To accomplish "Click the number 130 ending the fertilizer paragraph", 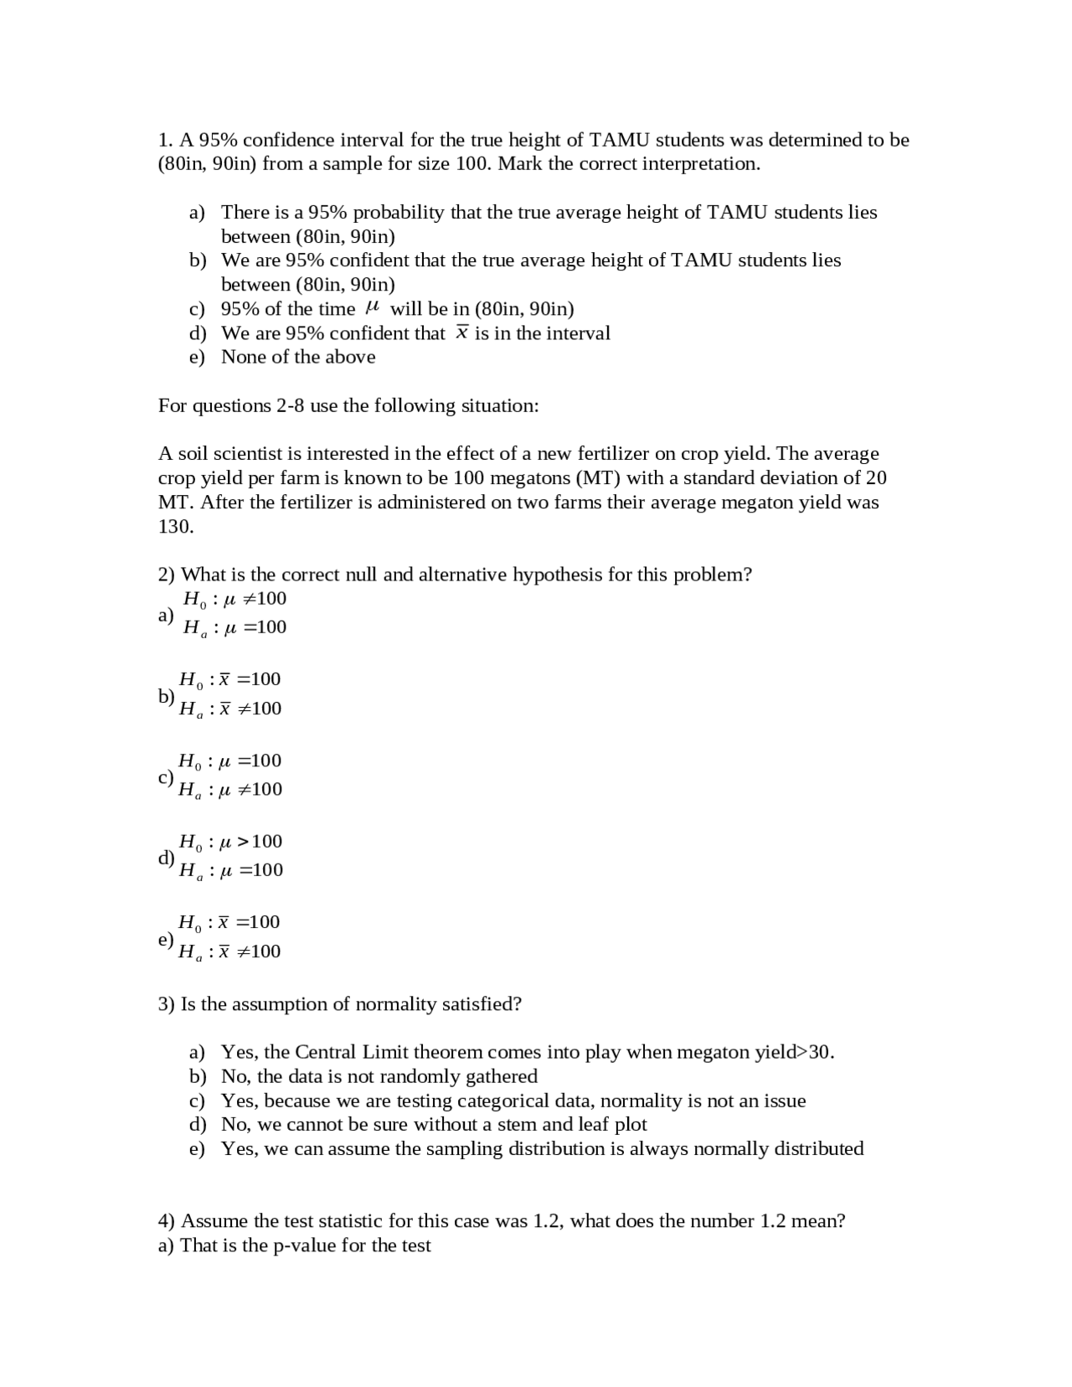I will tap(176, 527).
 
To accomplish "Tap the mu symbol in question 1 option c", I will tap(374, 308).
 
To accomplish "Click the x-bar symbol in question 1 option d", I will tap(461, 333).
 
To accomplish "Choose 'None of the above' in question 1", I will tap(297, 357).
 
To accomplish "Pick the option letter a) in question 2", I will tap(166, 615).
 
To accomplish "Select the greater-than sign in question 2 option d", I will tap(243, 841).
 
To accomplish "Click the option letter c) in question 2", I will tap(166, 776).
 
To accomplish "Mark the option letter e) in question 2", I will tap(166, 939).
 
